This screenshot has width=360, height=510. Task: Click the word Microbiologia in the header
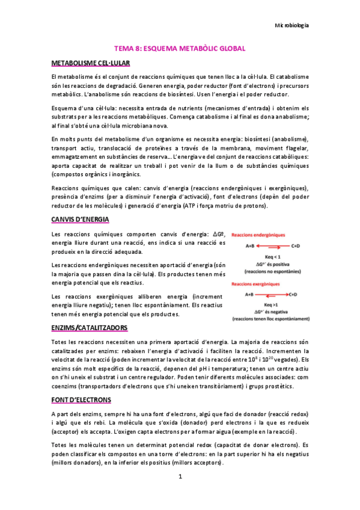pyautogui.click(x=291, y=25)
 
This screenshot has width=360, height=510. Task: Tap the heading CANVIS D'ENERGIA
pyautogui.click(x=80, y=218)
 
